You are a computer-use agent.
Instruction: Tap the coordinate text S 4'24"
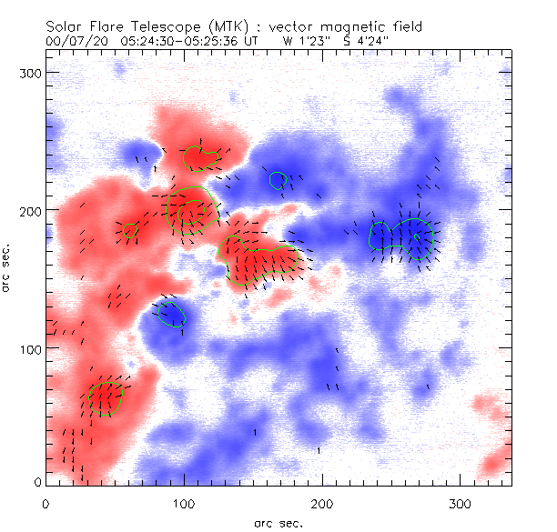tap(372, 40)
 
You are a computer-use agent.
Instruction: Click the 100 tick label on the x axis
tap(184, 502)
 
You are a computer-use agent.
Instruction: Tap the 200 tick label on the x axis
tap(322, 502)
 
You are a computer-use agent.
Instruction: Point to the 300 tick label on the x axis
tap(461, 502)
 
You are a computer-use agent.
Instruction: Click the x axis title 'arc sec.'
tap(278, 522)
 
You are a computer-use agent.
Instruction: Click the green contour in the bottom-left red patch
tap(106, 398)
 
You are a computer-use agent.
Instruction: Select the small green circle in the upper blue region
tap(278, 180)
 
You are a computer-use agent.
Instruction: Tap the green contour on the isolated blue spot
tap(170, 314)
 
